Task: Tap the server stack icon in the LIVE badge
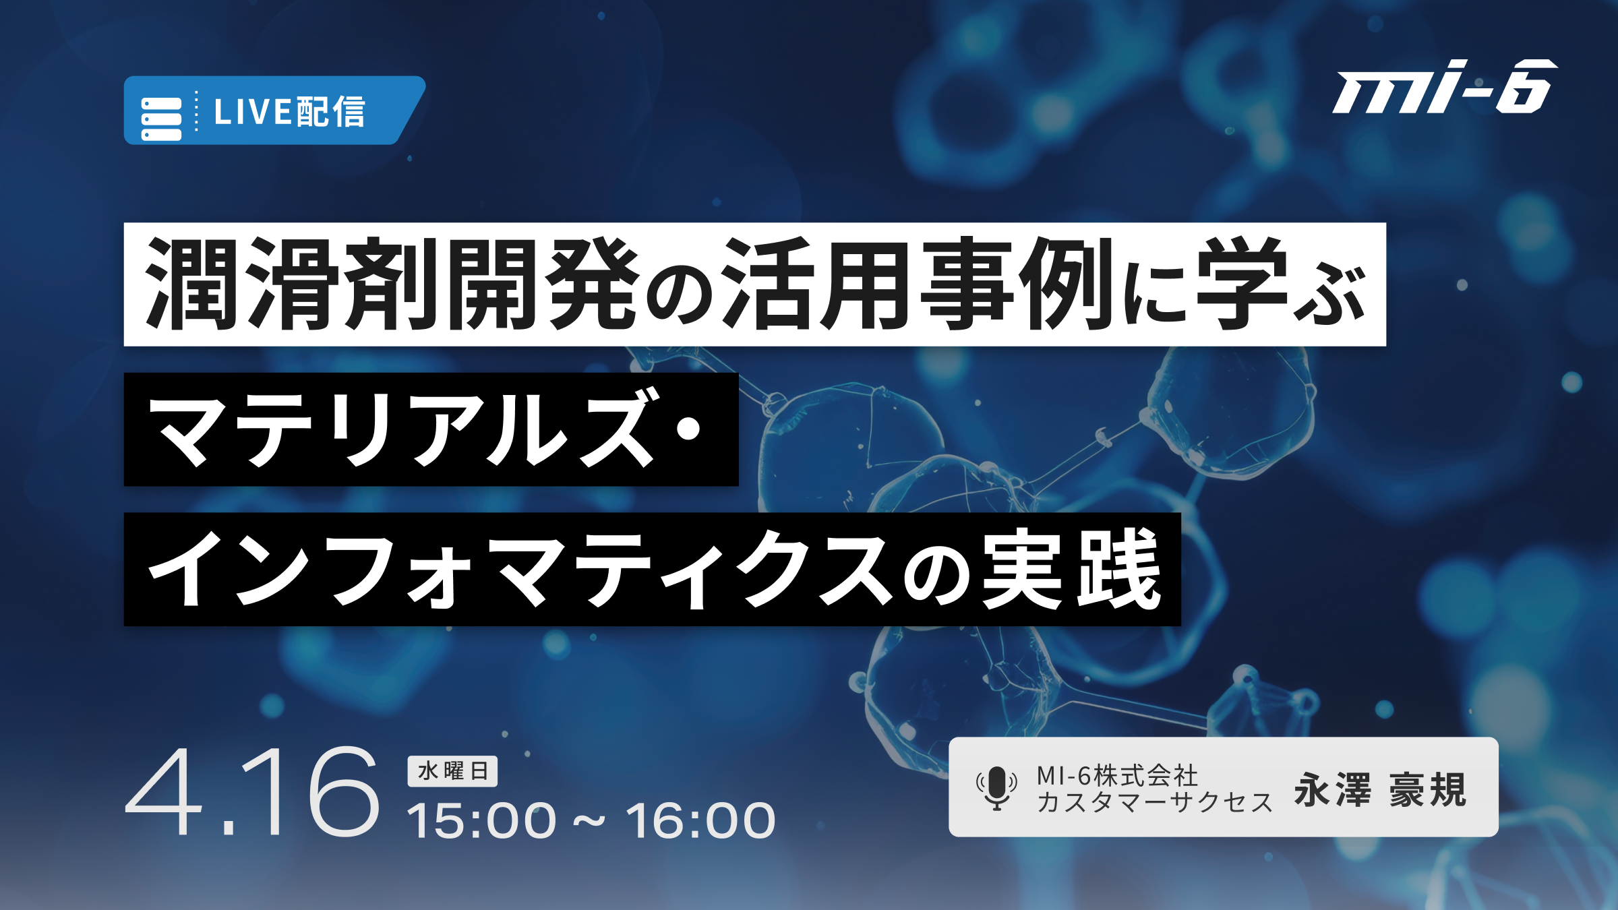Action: click(x=161, y=119)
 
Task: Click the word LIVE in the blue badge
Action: click(x=253, y=112)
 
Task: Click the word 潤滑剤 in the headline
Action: click(x=294, y=284)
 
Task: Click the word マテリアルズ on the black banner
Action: click(x=402, y=429)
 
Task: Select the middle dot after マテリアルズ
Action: click(x=688, y=429)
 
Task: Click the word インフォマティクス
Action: click(x=520, y=570)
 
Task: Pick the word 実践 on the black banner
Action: click(x=1072, y=570)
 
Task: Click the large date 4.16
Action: click(x=253, y=792)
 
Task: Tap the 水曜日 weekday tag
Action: click(x=452, y=771)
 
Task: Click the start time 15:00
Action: click(x=481, y=820)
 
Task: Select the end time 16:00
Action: click(x=701, y=820)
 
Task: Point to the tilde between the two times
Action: click(x=591, y=822)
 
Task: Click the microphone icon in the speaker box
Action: click(x=996, y=788)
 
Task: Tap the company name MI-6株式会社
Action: click(x=1117, y=776)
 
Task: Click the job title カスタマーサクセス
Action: click(x=1154, y=802)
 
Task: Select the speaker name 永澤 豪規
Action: click(x=1380, y=789)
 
